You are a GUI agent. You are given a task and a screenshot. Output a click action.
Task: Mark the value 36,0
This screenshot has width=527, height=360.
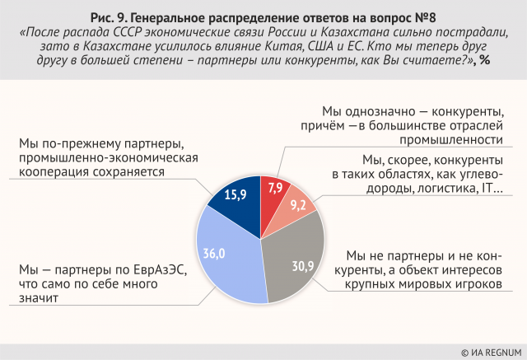[x=215, y=253]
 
